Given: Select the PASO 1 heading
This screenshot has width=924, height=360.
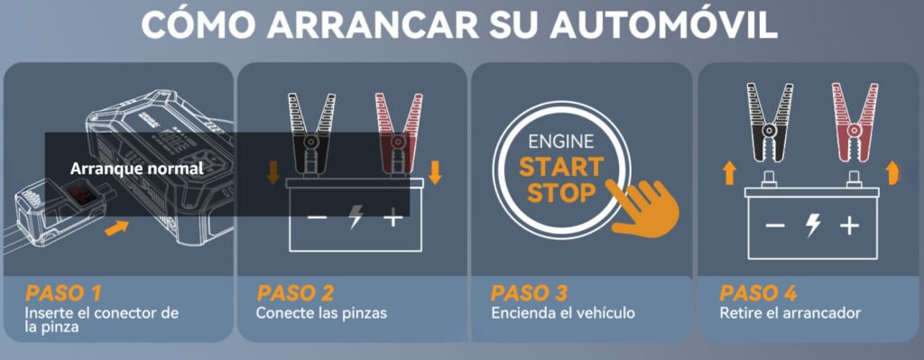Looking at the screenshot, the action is click(x=63, y=293).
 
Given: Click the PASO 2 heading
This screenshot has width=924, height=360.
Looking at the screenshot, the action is click(x=295, y=293).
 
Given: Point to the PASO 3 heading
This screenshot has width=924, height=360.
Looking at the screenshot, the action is click(x=529, y=293).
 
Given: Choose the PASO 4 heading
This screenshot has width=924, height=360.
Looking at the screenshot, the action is click(x=758, y=293).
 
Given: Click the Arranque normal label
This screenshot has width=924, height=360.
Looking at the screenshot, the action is click(x=137, y=169).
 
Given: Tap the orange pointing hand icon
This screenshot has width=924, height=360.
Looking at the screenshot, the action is click(x=643, y=208).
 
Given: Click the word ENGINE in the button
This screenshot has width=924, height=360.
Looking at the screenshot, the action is click(x=561, y=142).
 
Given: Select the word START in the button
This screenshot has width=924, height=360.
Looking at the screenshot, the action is click(x=561, y=167).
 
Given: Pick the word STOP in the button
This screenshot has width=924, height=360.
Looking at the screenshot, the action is click(x=561, y=193).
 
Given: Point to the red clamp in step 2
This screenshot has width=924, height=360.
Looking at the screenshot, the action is click(x=399, y=134).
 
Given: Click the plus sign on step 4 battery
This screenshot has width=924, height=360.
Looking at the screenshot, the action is click(x=849, y=226).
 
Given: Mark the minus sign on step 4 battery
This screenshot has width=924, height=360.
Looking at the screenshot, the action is click(x=775, y=226).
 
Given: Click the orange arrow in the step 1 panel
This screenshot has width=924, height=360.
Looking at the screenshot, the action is click(x=117, y=228).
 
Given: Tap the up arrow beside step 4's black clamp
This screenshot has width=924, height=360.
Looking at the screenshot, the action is click(x=729, y=173).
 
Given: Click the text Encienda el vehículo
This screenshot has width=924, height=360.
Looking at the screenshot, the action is click(x=563, y=313).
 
